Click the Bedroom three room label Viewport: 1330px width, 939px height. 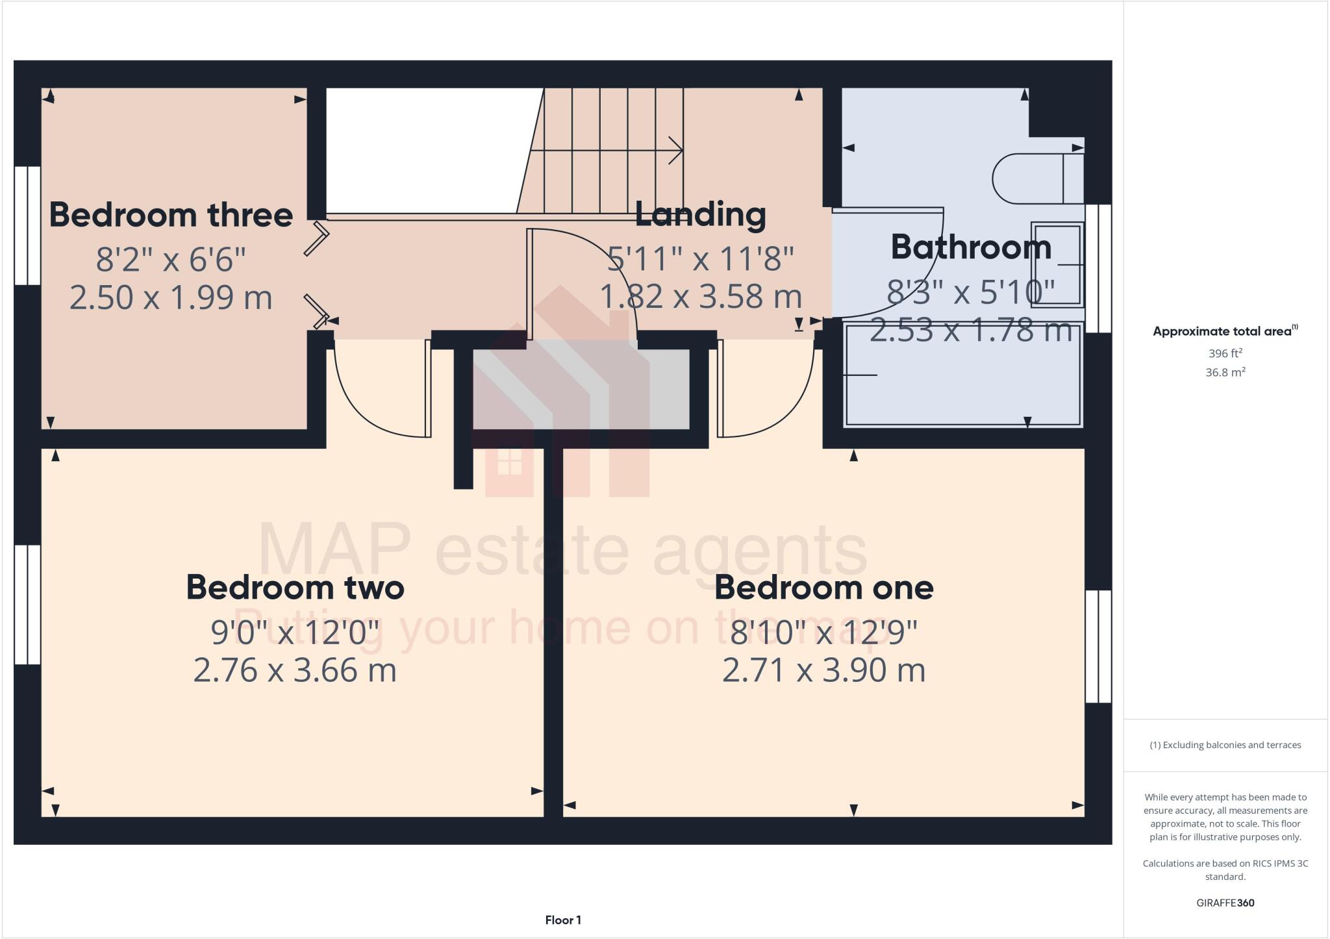click(x=171, y=216)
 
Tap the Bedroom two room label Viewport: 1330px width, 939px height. click(x=295, y=588)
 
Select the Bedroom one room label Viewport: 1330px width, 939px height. click(x=823, y=588)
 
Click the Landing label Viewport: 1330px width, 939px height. click(x=700, y=214)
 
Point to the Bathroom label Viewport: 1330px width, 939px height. click(x=970, y=247)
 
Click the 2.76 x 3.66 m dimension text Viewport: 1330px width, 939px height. click(x=295, y=670)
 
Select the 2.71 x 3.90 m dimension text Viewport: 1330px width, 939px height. click(x=823, y=670)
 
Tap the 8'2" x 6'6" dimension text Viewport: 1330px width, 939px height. click(x=171, y=260)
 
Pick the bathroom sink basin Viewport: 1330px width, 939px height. click(x=1057, y=264)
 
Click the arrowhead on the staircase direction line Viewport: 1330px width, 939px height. click(x=677, y=151)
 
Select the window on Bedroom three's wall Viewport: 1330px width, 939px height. click(x=27, y=225)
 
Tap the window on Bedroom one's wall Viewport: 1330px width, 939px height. click(x=1098, y=646)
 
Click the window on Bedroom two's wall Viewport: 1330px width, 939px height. click(x=27, y=605)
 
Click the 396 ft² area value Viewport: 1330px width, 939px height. click(x=1225, y=354)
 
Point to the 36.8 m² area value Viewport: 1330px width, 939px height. click(x=1225, y=373)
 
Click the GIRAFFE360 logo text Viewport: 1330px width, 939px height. click(x=1225, y=903)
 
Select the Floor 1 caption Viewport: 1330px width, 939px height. click(x=563, y=920)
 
